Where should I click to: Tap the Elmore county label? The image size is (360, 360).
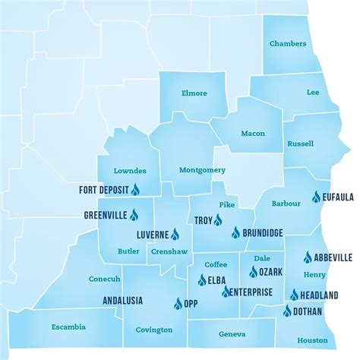point(194,94)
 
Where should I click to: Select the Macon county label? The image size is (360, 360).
point(253,133)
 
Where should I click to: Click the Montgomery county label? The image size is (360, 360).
point(197,169)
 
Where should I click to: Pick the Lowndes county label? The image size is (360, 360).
point(129,170)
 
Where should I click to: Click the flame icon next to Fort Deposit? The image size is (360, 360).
point(136,189)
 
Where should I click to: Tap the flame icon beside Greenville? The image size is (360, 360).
point(134,215)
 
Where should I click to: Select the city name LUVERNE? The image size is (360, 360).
point(152,235)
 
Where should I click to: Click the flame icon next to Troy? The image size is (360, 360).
point(217,221)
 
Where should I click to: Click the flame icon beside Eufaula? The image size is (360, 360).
point(317,197)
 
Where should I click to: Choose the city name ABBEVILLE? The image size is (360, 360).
point(334,257)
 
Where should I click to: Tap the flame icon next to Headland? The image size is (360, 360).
point(294,295)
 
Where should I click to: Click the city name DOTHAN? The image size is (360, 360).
point(308,311)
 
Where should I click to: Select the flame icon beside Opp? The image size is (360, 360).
point(178,303)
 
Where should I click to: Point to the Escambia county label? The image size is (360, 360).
point(68,327)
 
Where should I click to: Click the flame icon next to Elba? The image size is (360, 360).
point(201,280)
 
